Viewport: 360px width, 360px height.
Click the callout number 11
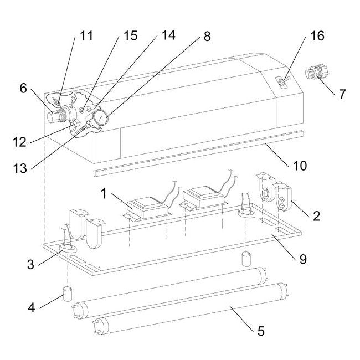coord(86,37)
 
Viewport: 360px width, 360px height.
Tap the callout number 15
coord(130,36)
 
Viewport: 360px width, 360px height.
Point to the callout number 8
coord(207,36)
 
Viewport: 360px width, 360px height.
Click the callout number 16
coord(317,37)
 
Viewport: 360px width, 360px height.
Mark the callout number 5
coord(261,331)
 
